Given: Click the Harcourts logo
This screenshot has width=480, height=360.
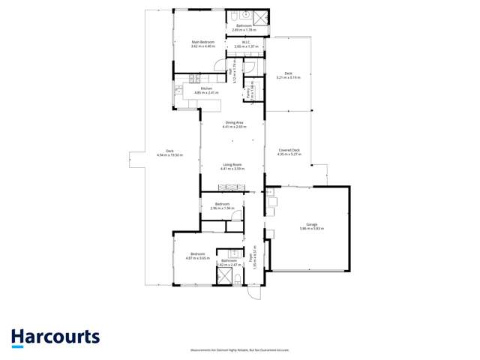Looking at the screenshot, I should point(55,337).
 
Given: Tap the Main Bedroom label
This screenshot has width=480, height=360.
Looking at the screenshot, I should point(203,42).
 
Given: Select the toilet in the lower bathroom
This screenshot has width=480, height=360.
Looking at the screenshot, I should point(238,280).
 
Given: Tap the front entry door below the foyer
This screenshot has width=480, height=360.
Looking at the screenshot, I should point(253,292).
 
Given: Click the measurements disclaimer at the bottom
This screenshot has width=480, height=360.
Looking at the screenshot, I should point(240,349).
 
